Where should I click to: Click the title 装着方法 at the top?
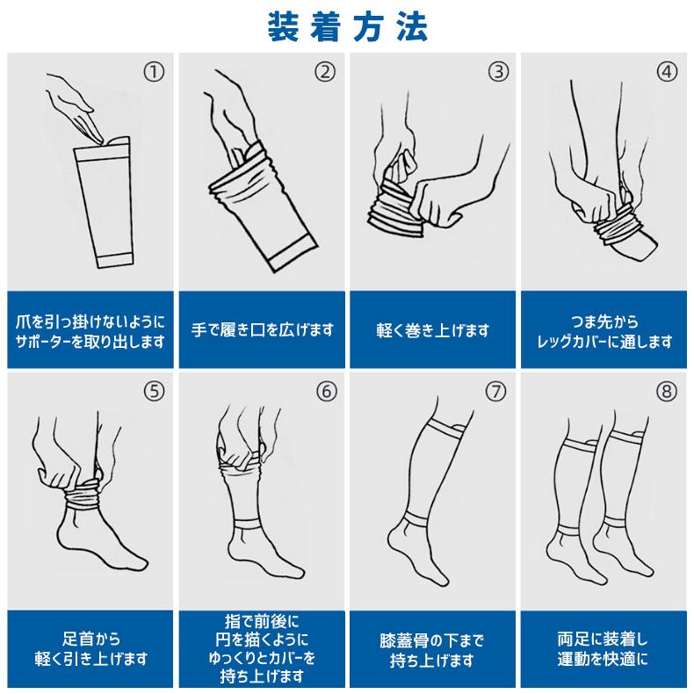point(347,26)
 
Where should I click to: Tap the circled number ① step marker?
point(154,72)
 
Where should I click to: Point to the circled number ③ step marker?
point(498,72)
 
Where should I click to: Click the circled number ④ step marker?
point(669,72)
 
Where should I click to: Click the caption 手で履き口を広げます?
point(263,330)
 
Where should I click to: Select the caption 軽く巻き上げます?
point(434,330)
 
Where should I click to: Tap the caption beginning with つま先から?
point(605,330)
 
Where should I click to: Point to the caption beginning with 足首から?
point(91,648)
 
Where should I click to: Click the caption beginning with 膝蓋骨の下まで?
point(434,648)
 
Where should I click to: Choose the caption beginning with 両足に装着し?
point(605,648)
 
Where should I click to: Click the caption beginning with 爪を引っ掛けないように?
point(91,330)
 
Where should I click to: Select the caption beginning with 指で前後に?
point(263,648)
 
